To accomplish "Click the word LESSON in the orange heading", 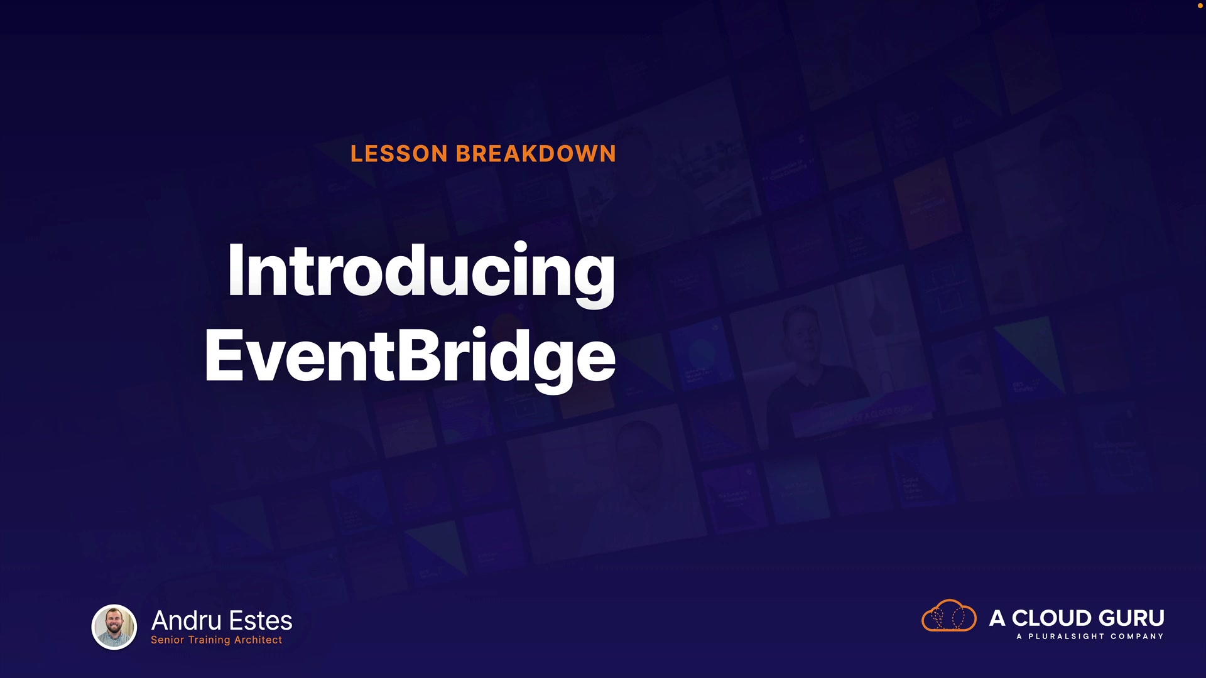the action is point(399,154).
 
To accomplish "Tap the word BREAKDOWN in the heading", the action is point(536,154).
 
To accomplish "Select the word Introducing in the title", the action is point(421,273).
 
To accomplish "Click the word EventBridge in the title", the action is point(410,358).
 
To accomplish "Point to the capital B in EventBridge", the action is point(419,355).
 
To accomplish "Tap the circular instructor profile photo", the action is point(114,627).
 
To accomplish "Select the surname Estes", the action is point(261,620).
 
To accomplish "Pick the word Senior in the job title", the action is point(167,640).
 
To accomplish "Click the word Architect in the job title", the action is point(258,640).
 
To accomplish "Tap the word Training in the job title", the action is point(209,640).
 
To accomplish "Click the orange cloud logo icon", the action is point(948,615).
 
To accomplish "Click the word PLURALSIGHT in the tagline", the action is point(1066,637).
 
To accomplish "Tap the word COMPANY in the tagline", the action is point(1137,637).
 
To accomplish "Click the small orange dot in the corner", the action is point(1200,6).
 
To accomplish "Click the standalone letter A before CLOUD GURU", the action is point(997,618).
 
